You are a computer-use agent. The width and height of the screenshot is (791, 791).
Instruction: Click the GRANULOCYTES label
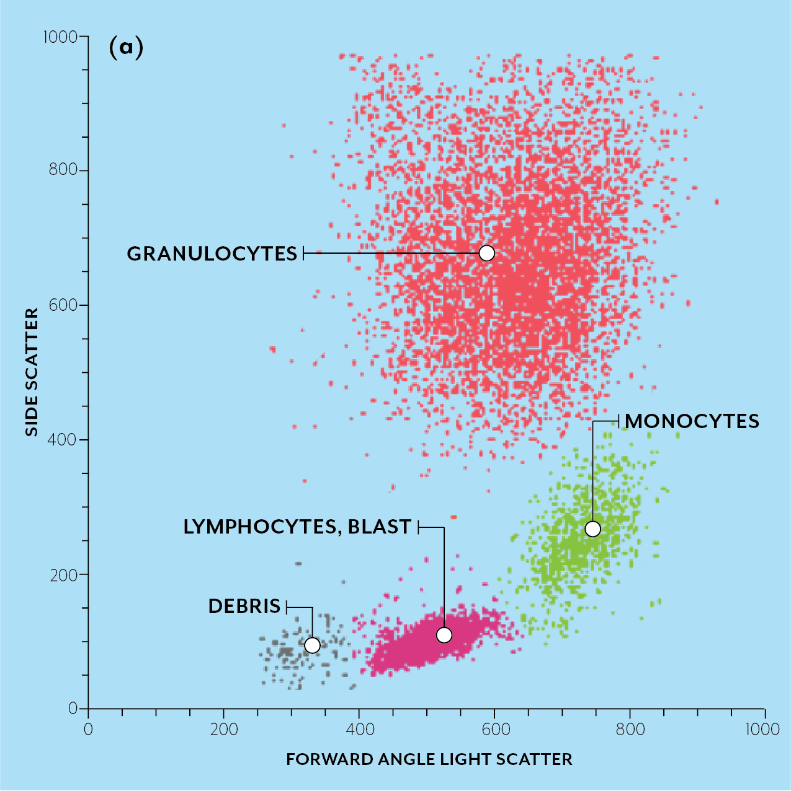212,254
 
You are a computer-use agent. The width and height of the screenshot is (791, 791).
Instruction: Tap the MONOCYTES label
692,421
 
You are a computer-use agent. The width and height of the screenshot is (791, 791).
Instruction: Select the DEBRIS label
244,606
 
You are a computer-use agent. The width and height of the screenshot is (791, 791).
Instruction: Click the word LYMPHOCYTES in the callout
260,527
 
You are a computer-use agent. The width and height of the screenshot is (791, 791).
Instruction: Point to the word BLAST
379,527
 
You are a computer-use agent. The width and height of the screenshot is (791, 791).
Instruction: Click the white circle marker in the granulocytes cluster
487,253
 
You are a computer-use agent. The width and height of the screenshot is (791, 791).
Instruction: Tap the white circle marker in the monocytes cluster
592,529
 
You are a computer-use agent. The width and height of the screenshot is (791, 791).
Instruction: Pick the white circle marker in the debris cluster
312,645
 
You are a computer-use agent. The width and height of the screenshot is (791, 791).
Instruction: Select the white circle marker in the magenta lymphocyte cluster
444,635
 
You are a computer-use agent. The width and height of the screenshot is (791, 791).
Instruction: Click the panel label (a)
126,47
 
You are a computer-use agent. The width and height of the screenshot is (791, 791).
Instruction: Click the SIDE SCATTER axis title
32,372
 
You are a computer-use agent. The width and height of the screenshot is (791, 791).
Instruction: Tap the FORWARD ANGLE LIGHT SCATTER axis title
429,759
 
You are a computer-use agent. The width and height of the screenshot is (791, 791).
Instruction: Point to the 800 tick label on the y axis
64,170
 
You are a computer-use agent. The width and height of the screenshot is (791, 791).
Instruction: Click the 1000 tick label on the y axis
60,37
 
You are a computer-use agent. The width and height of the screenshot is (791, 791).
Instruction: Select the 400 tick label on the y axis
64,440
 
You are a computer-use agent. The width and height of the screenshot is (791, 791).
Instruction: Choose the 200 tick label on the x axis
224,729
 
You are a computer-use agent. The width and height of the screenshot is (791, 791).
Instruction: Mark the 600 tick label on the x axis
494,729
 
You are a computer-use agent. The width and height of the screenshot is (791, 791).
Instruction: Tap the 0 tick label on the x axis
88,729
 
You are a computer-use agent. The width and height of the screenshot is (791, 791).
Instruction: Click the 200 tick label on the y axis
64,574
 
